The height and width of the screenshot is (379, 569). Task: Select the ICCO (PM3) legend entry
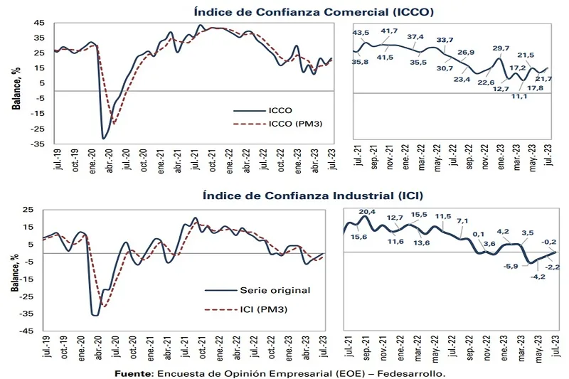click(x=282, y=124)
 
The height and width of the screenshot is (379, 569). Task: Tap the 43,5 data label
click(x=361, y=32)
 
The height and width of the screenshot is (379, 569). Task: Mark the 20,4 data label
click(x=367, y=212)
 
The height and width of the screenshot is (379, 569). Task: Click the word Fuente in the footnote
click(x=134, y=372)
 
